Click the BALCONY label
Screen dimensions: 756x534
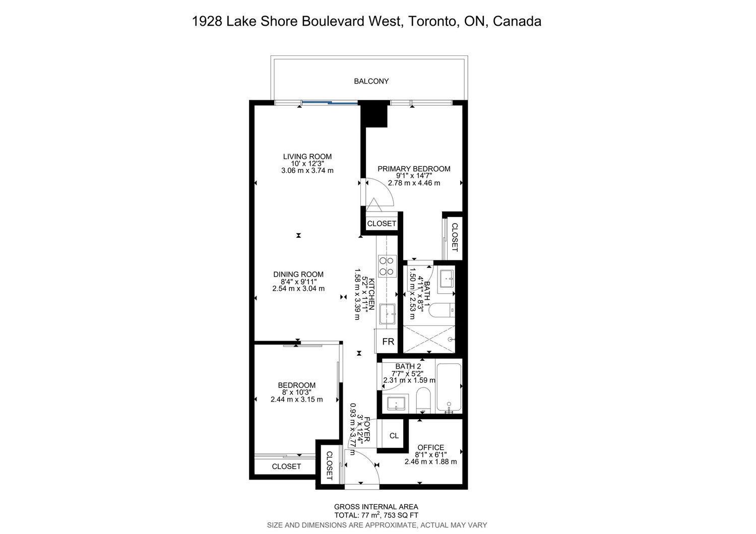click(371, 81)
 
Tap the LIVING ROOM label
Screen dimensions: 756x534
click(307, 157)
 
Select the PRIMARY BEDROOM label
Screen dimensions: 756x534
click(414, 169)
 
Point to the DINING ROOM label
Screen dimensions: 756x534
click(298, 275)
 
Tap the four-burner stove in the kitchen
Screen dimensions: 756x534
click(387, 266)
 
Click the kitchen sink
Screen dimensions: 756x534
click(387, 314)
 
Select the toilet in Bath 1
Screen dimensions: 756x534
click(442, 310)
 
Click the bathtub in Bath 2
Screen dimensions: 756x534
click(449, 388)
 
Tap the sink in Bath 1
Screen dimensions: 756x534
click(447, 280)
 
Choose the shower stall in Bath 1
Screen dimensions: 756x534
click(429, 339)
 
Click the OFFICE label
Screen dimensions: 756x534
click(431, 448)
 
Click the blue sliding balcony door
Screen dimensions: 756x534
click(330, 103)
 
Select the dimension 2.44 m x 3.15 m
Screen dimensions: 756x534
click(297, 399)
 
